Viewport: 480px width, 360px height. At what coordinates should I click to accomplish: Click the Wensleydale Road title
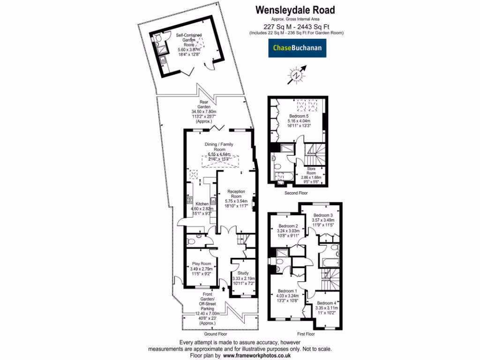[x=295, y=9]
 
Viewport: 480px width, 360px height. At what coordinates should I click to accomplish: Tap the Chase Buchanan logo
[x=298, y=48]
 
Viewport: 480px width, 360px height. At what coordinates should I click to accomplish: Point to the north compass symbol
[x=296, y=75]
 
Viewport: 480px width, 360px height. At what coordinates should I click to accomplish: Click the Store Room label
[x=311, y=171]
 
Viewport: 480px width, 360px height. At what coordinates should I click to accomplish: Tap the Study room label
[x=243, y=273]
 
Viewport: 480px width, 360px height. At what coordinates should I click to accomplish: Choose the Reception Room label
[x=237, y=194]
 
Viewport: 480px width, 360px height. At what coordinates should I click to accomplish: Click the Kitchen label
[x=202, y=204]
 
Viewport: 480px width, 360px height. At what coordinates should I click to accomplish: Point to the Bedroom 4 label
[x=326, y=303]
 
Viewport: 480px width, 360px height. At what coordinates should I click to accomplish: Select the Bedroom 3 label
[x=323, y=215]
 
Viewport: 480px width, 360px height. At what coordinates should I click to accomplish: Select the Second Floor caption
[x=296, y=193]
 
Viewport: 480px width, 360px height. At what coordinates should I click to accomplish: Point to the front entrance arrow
[x=224, y=290]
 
